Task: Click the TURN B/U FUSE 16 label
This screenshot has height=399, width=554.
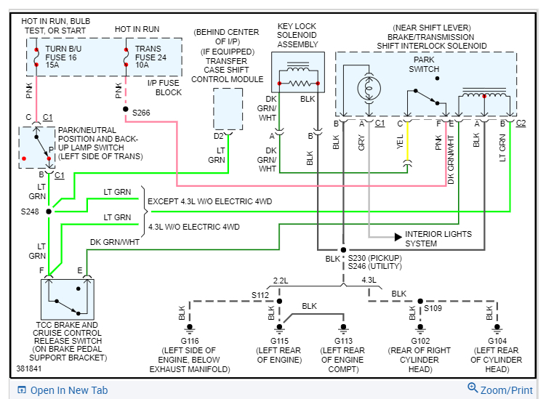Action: (x=61, y=57)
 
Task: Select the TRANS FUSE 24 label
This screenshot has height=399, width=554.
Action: (x=150, y=57)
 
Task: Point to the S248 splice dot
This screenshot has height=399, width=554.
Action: (x=49, y=211)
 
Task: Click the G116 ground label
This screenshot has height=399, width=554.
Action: (x=189, y=341)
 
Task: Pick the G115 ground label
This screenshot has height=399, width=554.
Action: (x=280, y=341)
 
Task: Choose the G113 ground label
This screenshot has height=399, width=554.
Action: (x=345, y=341)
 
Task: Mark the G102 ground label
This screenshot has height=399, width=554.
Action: (x=421, y=341)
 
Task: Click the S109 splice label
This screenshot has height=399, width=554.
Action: (x=434, y=308)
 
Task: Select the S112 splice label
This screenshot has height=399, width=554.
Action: (x=260, y=295)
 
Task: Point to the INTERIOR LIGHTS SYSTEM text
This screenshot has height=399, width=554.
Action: (x=438, y=239)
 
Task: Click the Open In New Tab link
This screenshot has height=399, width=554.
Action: (x=68, y=390)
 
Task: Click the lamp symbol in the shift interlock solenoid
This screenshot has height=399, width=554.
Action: (x=368, y=86)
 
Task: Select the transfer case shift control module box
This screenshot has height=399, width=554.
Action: (x=228, y=108)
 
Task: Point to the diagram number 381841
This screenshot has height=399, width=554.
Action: (x=31, y=368)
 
